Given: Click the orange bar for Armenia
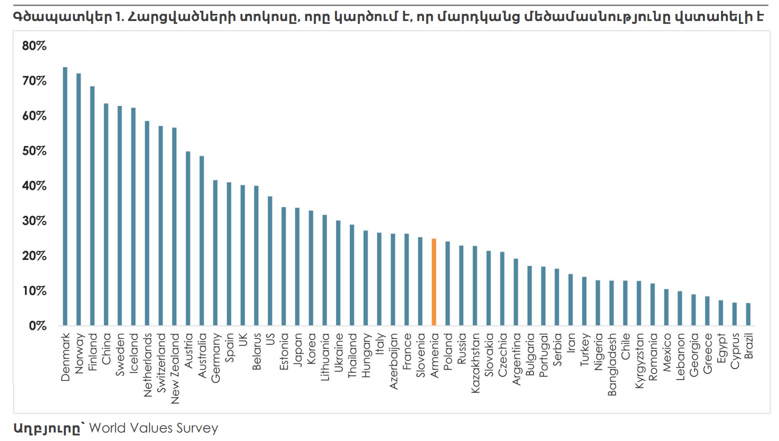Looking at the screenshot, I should pos(434,282).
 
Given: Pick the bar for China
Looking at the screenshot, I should pos(106,214).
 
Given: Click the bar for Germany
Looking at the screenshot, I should pos(215,253).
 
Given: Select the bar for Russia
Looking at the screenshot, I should pos(461,285).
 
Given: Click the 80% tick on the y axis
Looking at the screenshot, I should pos(34,46).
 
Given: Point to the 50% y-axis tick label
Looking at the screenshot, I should pos(34,151).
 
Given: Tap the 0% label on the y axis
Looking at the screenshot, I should pos(37,326).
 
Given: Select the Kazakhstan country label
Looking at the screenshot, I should pos(475,362).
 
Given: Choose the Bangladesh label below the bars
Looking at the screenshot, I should pos(612,364).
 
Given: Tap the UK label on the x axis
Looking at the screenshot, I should pos(243,340).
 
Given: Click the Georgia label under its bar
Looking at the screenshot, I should pos(694,354).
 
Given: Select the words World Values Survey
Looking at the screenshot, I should pos(153,428).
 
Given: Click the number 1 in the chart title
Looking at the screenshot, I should pos(118,17).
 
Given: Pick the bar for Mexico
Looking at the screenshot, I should pos(666,307).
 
